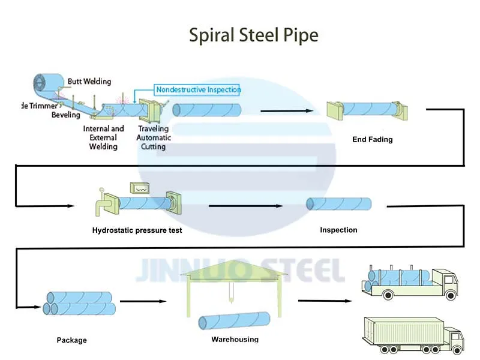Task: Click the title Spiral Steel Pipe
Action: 254,35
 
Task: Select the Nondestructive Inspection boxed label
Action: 198,89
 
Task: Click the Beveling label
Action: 65,114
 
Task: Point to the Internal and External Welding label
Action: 103,137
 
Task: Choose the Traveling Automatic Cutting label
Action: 154,137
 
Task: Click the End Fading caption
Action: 372,140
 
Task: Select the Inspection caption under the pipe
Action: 338,230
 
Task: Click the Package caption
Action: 72,340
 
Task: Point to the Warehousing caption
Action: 235,339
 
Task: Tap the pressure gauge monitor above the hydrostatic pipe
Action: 142,188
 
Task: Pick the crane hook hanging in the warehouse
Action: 230,296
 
